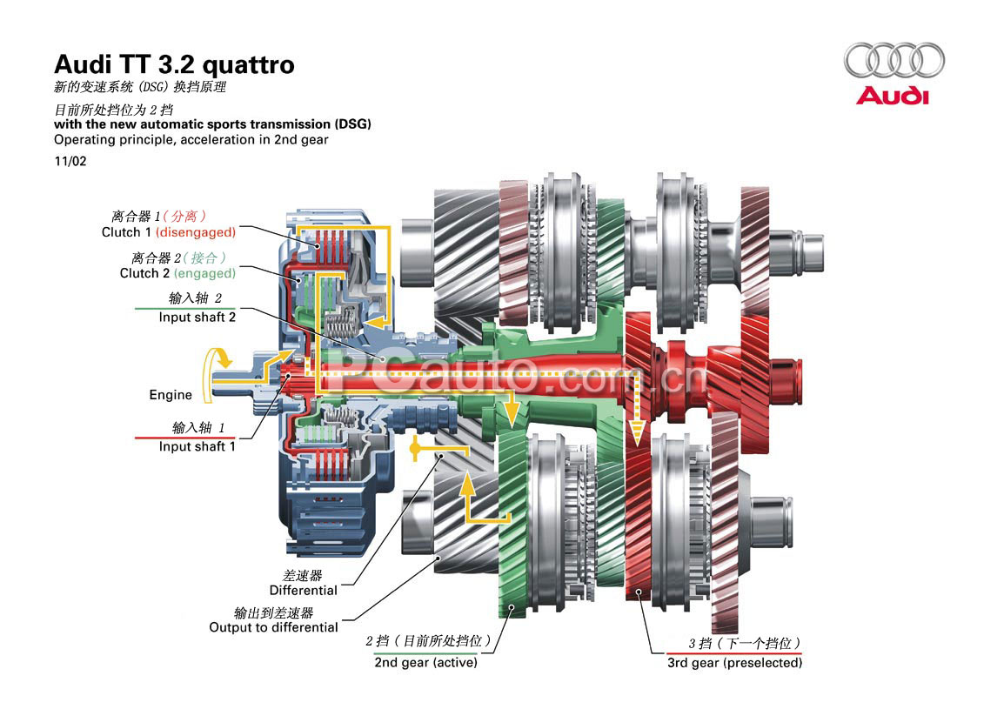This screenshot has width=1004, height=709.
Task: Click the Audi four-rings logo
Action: (x=893, y=60)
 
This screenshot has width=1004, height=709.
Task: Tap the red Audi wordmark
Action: (x=893, y=95)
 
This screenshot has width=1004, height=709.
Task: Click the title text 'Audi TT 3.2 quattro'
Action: (x=174, y=64)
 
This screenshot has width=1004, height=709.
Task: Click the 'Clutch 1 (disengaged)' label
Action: (x=168, y=232)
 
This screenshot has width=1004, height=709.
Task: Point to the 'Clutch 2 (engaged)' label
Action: (x=177, y=273)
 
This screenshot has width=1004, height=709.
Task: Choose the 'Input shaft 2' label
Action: (x=197, y=318)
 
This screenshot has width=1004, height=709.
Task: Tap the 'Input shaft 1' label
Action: (x=197, y=446)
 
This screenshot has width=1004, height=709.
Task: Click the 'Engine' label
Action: (x=171, y=395)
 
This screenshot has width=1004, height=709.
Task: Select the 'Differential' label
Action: (x=303, y=591)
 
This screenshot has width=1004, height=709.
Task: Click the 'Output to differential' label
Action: (x=273, y=627)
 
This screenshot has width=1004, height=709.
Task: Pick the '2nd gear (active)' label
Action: (x=425, y=662)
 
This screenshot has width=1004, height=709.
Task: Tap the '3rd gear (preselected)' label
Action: (x=734, y=662)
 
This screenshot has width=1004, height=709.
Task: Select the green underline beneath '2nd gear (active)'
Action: (x=425, y=652)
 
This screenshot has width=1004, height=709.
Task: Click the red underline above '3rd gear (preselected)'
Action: (x=734, y=652)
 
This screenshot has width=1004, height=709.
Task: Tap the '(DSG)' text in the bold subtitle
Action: (x=353, y=124)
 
